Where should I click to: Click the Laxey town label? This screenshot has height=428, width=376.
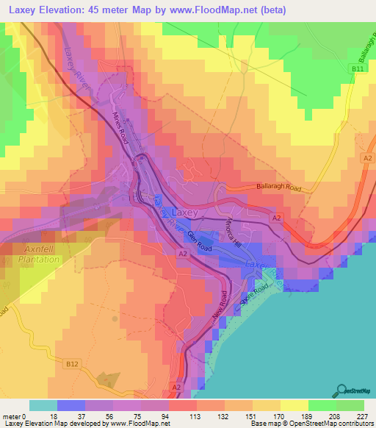coord(186,212)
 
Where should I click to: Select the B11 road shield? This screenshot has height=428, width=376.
coord(356,68)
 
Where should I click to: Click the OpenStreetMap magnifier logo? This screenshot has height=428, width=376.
coord(341,390)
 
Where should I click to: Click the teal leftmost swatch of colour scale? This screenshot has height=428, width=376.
coord(43,405)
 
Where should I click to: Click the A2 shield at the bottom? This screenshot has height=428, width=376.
coord(176,385)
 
